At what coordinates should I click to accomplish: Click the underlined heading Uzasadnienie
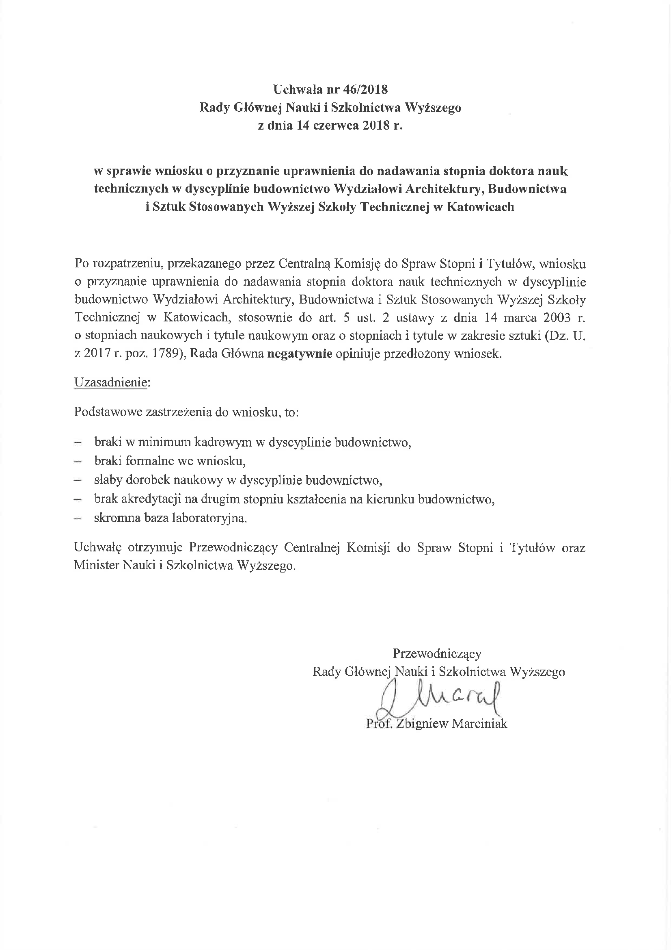pos(111,382)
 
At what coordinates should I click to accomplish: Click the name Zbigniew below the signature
pos(422,724)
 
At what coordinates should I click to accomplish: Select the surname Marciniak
pos(479,724)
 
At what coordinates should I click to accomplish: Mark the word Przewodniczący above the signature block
pos(437,653)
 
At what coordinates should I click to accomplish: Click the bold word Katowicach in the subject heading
pos(479,206)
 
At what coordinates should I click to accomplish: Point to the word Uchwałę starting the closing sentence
pos(97,548)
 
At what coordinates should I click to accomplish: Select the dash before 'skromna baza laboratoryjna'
pos(77,519)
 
